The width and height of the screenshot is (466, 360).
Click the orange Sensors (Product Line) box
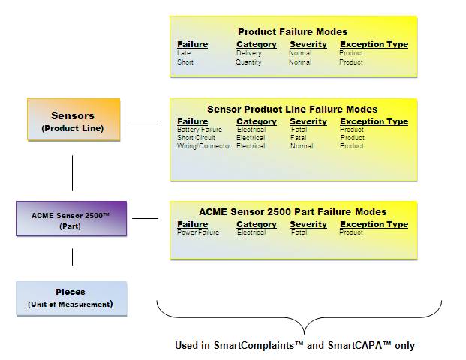74,119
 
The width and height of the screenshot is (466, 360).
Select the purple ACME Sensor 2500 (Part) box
71,218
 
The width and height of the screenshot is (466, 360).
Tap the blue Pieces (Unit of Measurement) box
71,298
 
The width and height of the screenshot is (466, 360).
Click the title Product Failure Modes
293,31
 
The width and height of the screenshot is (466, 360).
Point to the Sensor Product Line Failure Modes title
293,109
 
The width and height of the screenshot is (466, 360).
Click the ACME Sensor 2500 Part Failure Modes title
293,211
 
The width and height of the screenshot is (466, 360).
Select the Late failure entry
184,53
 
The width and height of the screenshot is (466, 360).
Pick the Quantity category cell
248,62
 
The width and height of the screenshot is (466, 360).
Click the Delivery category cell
248,53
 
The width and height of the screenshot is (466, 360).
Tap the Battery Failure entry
200,130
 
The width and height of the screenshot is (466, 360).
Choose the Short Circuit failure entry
196,138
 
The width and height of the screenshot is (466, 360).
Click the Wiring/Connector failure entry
204,146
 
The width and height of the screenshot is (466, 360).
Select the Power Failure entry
198,232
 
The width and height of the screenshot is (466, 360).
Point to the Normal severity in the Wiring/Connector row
302,146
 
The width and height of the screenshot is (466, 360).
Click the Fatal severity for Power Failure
299,232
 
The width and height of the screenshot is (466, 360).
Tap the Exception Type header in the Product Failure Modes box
374,44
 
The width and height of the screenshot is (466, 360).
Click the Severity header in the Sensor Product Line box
308,121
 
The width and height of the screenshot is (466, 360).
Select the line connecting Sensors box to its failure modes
142,124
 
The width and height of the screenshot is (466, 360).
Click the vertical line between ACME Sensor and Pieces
72,257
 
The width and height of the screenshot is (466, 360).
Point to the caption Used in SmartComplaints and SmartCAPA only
295,345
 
